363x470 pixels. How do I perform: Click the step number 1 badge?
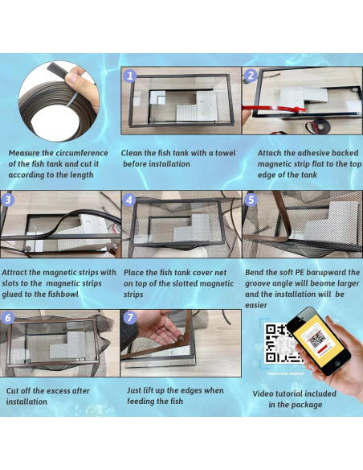click(x=130, y=76)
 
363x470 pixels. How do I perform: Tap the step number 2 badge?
click(x=251, y=75)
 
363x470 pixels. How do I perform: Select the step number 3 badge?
click(x=8, y=200)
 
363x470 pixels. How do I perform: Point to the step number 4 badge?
click(x=129, y=200)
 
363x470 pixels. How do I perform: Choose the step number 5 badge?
click(x=251, y=200)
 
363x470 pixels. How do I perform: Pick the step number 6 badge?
click(x=8, y=318)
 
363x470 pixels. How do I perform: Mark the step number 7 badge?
click(x=129, y=318)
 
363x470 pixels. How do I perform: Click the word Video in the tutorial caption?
click(x=263, y=394)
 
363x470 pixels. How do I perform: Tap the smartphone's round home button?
click(x=337, y=363)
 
